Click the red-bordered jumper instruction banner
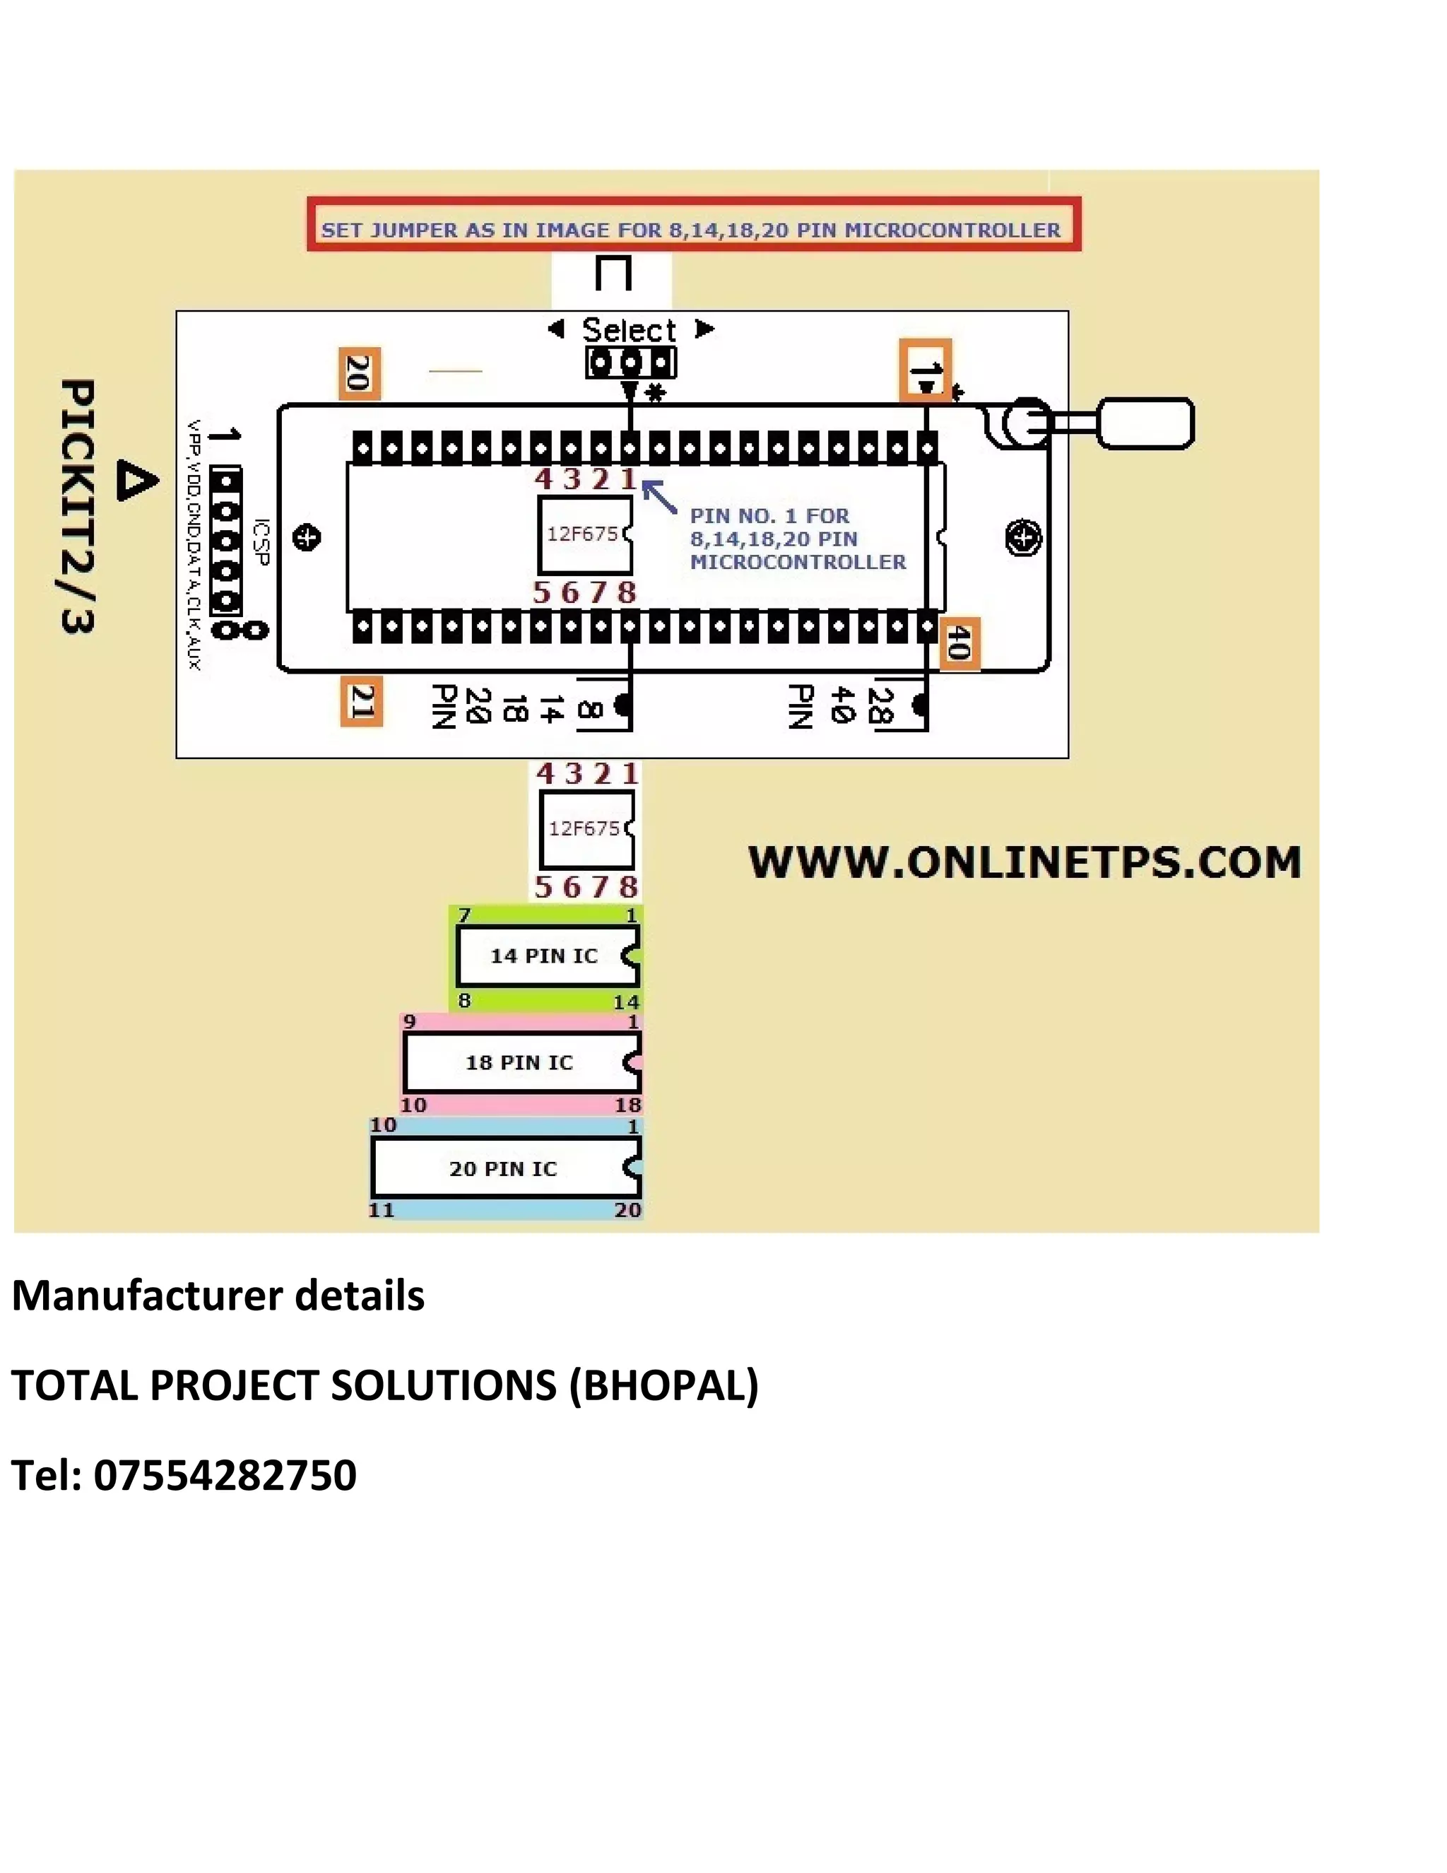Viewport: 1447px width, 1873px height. [694, 225]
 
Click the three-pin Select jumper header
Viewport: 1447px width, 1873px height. [631, 363]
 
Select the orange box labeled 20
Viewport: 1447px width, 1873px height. [359, 373]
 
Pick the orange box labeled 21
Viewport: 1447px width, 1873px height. [361, 703]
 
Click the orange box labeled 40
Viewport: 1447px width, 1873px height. [958, 642]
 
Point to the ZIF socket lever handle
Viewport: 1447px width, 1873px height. [1145, 423]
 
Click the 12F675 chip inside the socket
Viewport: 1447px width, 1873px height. [584, 535]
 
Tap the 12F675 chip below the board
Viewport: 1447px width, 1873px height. [586, 829]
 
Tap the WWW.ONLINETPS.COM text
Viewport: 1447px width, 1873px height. [1024, 863]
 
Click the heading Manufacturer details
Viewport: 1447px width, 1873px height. [218, 1296]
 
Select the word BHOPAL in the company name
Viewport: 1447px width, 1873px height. [663, 1385]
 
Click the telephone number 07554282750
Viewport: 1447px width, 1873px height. [225, 1475]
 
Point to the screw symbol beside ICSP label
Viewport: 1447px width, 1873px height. [306, 539]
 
